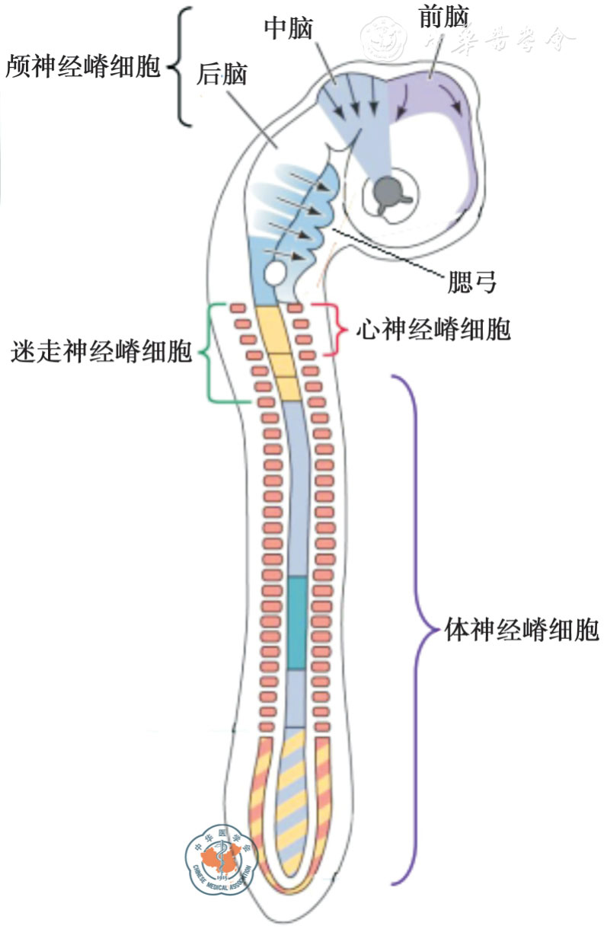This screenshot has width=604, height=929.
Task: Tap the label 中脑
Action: [289, 28]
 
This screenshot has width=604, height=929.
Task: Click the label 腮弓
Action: [473, 282]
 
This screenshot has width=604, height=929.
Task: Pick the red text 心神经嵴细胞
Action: [433, 330]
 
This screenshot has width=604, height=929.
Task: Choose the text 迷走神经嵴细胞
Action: [101, 352]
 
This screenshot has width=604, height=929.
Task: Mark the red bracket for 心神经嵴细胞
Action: [334, 330]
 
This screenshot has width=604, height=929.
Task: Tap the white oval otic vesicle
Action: [273, 270]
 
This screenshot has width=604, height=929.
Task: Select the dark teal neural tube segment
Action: [298, 623]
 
